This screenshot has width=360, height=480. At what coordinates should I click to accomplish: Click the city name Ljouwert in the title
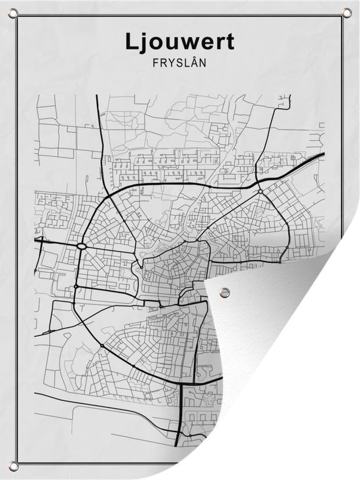click(179, 42)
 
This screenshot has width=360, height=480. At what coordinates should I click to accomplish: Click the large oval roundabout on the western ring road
click(82, 247)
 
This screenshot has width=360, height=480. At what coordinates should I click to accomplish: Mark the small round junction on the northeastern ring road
click(261, 192)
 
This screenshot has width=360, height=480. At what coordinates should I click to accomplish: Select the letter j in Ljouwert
click(144, 43)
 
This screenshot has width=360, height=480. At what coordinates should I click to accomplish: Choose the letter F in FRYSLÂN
click(154, 65)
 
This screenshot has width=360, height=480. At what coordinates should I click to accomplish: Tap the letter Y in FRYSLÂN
click(170, 65)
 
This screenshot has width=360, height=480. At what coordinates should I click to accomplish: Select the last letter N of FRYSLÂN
click(204, 65)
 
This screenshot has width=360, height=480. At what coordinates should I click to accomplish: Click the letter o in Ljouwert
click(156, 43)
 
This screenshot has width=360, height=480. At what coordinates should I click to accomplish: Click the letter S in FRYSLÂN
click(179, 65)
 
